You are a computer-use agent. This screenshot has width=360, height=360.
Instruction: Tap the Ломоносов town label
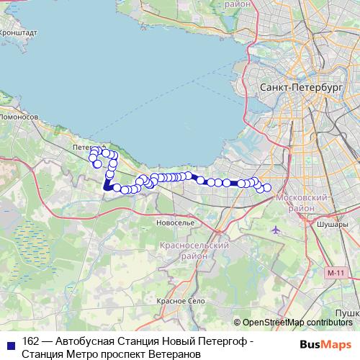pos(18,115)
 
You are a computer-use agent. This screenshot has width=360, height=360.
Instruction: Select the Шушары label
pos(332,224)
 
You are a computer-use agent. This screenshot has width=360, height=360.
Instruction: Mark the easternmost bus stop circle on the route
pos(267,188)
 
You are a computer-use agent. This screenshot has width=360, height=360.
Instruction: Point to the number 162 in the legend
pos(31,341)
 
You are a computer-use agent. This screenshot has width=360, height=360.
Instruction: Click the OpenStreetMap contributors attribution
pos(297,322)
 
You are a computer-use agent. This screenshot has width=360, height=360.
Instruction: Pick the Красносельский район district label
pos(194,251)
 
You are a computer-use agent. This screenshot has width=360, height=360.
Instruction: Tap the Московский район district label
pos(307,202)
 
